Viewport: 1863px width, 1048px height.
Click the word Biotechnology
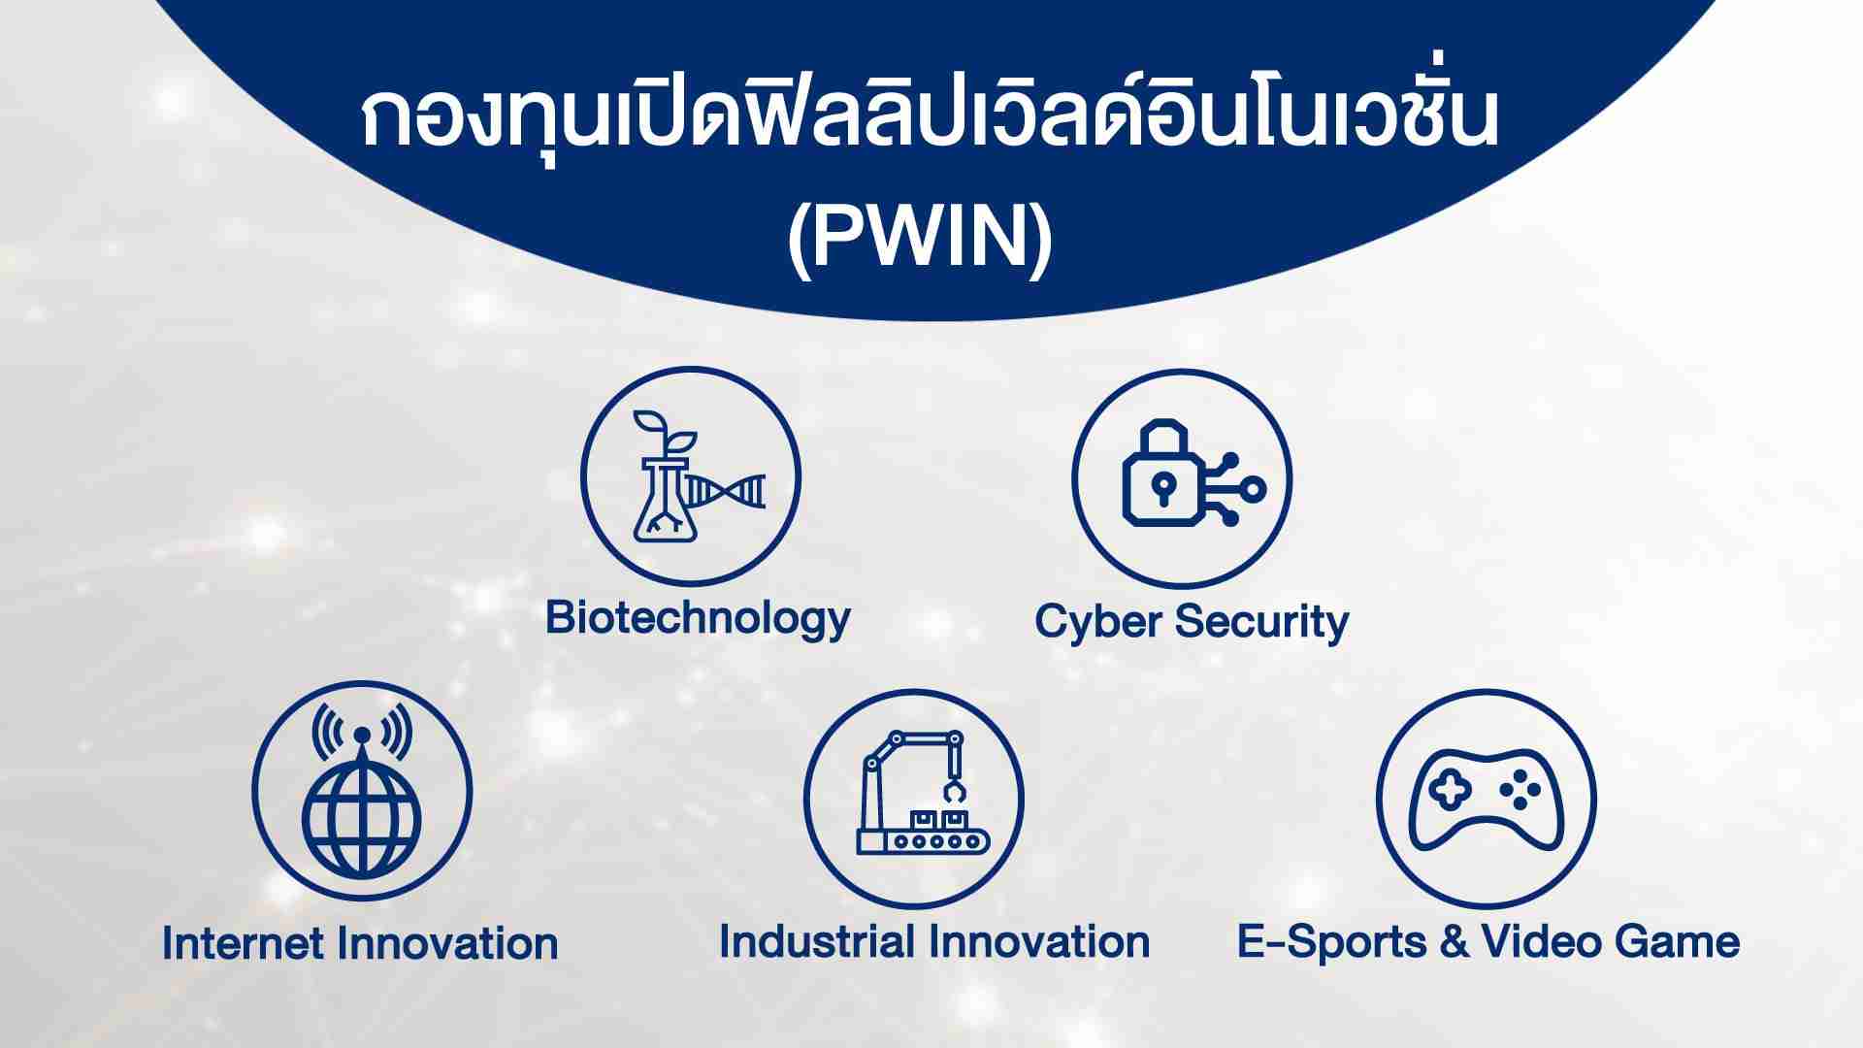click(698, 619)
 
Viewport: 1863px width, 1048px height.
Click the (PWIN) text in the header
click(920, 239)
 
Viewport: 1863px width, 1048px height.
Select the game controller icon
click(1486, 799)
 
